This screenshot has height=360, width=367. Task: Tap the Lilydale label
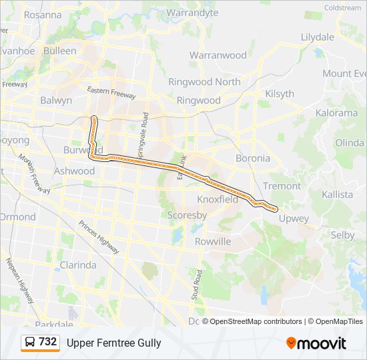[317, 37]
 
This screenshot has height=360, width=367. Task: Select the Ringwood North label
[204, 82]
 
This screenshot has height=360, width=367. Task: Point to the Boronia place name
[253, 159]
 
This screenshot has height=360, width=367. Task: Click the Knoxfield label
[218, 199]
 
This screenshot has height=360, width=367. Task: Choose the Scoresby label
[187, 215]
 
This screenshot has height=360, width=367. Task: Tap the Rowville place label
[213, 241]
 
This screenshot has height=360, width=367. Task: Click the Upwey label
[294, 219]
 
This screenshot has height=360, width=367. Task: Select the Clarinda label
[78, 265]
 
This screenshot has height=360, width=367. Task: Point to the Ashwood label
[75, 171]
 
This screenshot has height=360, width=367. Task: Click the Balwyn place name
[56, 101]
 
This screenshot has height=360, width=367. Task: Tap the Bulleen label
[60, 51]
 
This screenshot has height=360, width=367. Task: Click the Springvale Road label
[144, 137]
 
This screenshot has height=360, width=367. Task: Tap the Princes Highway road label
[99, 238]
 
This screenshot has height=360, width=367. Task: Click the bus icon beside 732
[30, 343]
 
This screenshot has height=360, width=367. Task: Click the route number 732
[48, 342]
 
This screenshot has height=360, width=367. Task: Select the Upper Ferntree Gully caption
[114, 343]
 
